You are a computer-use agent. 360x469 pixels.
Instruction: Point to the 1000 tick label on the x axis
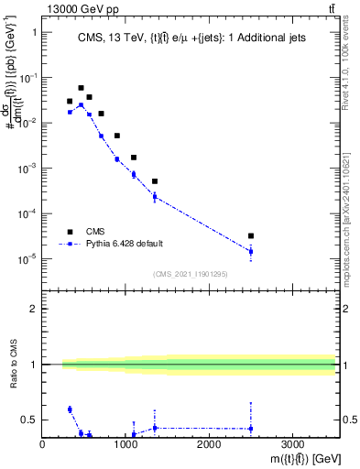(125, 445)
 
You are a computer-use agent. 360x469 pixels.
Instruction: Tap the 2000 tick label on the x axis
(209, 445)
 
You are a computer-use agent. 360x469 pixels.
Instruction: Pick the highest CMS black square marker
(81, 88)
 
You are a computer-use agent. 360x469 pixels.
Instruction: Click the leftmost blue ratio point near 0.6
(70, 409)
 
